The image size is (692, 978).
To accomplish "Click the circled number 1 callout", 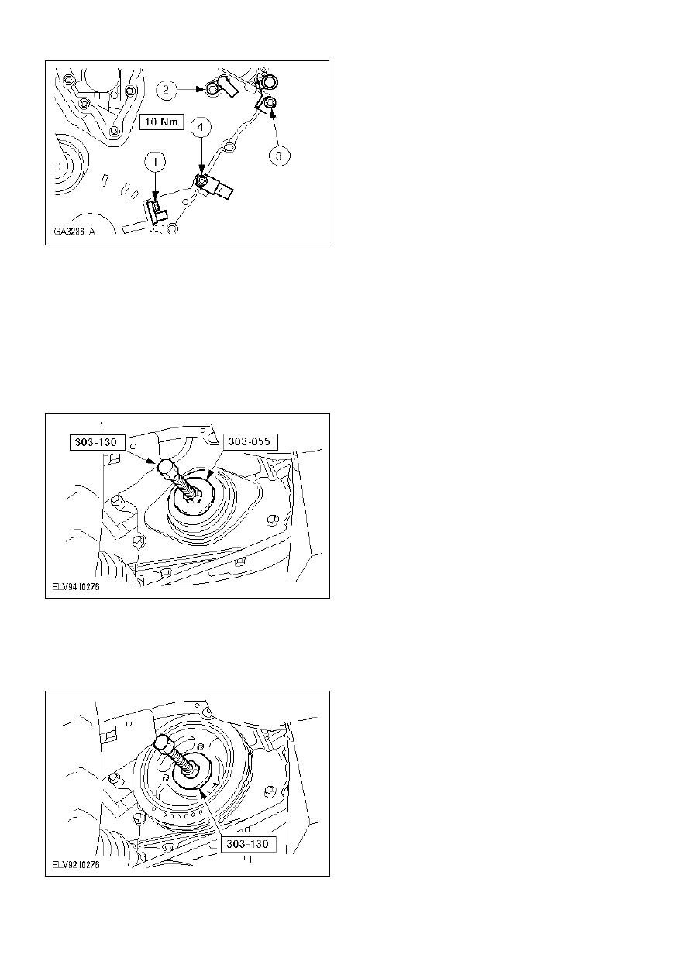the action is pos(155,162).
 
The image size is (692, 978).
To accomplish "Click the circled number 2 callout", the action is pos(166,90).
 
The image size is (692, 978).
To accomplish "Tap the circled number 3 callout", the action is pos(280,156).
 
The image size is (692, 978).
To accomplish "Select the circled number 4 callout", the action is pos(201,127).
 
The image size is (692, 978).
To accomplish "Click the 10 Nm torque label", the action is pos(161,122).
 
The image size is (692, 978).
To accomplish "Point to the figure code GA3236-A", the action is pos(74,231).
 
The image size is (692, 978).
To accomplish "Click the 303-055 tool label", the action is pos(250,441).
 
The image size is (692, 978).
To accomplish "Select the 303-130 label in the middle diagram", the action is pos(95,442).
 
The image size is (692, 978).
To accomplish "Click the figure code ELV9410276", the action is pos(76,586).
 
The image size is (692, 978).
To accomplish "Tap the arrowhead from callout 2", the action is pos(201,90).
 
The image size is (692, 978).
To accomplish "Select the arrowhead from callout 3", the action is pos(273,114).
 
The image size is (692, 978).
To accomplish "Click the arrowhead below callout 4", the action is pos(201,172).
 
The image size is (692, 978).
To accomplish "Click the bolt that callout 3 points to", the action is pos(270,103).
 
